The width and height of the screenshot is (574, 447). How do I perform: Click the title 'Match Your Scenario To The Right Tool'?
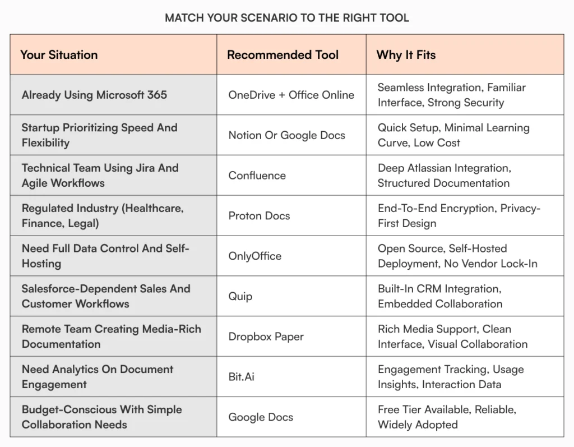pos(287,18)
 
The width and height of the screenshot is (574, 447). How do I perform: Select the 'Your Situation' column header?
pos(59,55)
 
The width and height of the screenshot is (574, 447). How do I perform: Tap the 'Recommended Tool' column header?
pos(283,55)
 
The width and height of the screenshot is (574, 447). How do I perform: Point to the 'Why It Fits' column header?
pos(406,55)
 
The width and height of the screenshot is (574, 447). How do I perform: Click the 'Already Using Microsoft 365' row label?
pos(94,95)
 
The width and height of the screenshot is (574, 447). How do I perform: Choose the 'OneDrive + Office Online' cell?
pos(291,95)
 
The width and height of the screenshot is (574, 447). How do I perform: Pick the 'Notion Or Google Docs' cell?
pos(286,135)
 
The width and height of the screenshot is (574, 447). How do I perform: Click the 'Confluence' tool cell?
pos(257,176)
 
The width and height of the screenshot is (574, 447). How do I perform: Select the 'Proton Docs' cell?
pos(259,216)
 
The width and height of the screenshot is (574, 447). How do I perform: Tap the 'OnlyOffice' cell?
pos(254,256)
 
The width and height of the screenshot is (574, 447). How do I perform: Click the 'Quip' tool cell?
pos(240,296)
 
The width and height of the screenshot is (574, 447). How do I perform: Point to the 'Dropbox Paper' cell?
pos(266,337)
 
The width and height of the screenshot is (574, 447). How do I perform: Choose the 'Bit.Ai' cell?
pos(241,377)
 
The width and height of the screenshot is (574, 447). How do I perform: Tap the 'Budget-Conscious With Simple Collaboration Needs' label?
pos(101,417)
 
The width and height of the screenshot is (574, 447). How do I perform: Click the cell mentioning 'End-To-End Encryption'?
pos(459,216)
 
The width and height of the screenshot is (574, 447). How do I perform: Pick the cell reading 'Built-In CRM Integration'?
pos(440,296)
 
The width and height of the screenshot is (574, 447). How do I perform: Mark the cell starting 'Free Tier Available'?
pos(446,417)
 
